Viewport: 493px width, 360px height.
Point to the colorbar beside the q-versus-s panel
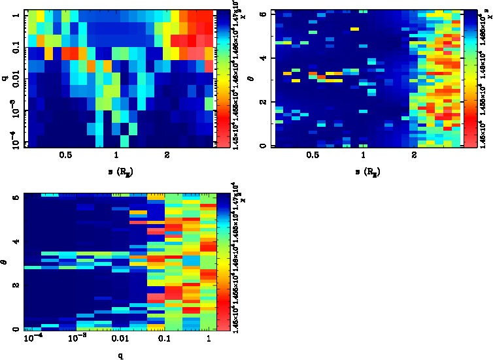tap(222, 78)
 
